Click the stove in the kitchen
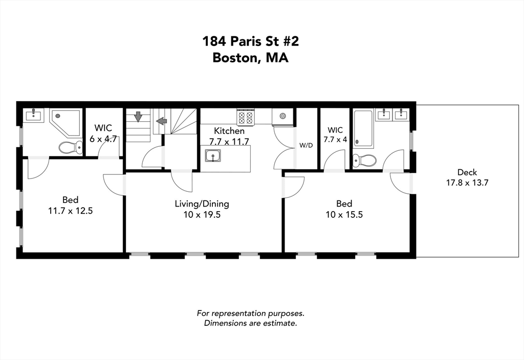pos(245,118)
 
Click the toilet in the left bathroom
pos(70,148)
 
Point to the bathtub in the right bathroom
pos(363,128)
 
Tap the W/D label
pos(306,145)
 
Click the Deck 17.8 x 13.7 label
pos(466,177)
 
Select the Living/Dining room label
pos(202,204)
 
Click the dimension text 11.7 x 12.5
pos(70,210)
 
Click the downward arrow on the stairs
pos(138,117)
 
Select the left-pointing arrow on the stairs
pos(162,121)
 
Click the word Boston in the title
pos(235,58)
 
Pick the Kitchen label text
pos(229,131)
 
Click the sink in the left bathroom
pos(33,115)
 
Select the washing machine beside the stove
pos(282,117)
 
